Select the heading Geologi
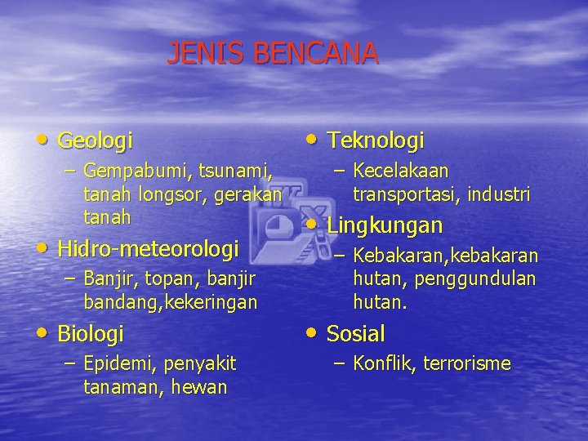pyautogui.click(x=96, y=141)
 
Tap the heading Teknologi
pyautogui.click(x=376, y=141)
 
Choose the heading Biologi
pyautogui.click(x=91, y=334)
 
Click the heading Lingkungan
pyautogui.click(x=385, y=225)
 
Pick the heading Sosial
pyautogui.click(x=355, y=334)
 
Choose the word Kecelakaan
pyautogui.click(x=401, y=171)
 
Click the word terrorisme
pyautogui.click(x=466, y=363)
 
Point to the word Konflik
pyautogui.click(x=383, y=363)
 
